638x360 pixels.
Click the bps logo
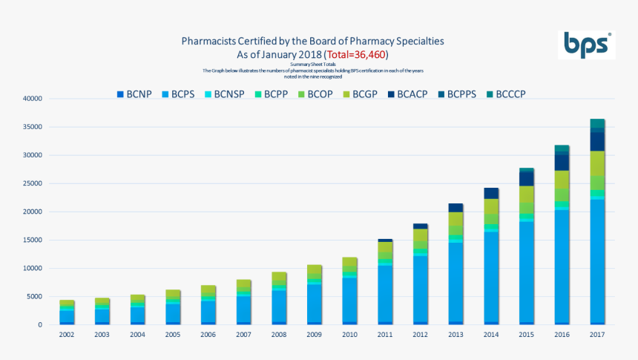[x=586, y=45]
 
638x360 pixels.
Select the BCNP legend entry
[x=134, y=94]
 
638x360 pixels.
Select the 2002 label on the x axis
[x=68, y=335]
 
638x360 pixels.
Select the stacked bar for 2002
[x=68, y=312]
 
